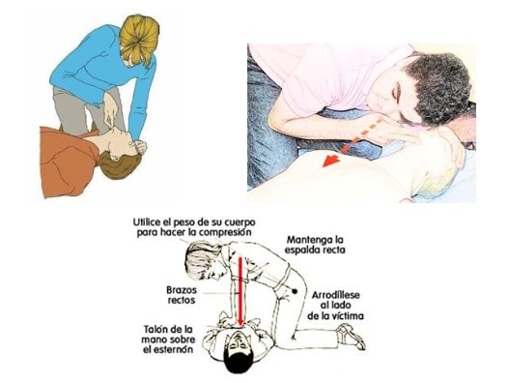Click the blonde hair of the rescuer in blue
[x=139, y=39]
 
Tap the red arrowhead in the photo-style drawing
[x=331, y=161]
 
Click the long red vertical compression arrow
[x=240, y=290]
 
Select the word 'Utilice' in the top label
[x=146, y=222]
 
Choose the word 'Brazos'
[x=182, y=290]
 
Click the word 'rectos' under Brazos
[x=182, y=300]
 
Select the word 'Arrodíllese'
[x=336, y=295]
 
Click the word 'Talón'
[x=156, y=330]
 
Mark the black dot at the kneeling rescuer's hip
[x=295, y=291]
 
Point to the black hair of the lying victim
[x=238, y=362]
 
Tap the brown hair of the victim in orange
[x=118, y=165]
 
